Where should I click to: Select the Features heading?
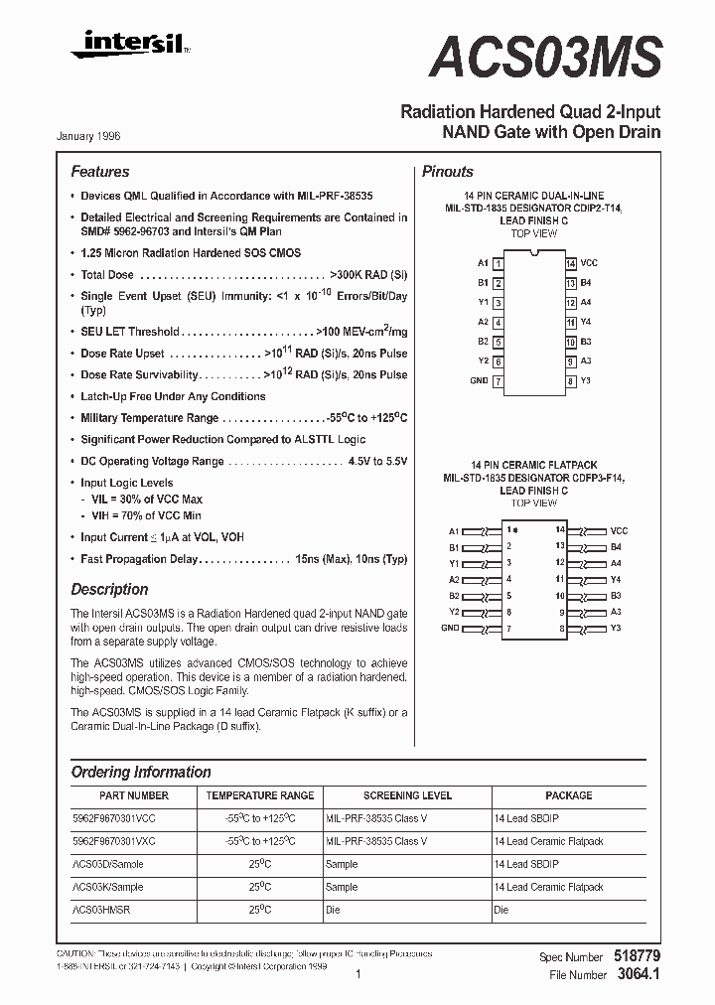coord(99,172)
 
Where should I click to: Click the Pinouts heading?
coord(447,172)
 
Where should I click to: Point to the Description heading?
coord(109,589)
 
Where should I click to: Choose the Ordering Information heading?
coord(141,772)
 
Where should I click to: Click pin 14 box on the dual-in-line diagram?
coord(571,263)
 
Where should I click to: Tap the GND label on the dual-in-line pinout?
coord(479,381)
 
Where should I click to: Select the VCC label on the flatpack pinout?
coord(619,531)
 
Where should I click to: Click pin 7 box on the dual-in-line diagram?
coord(498,381)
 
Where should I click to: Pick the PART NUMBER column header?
coord(134,795)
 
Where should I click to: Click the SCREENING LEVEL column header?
coord(407,795)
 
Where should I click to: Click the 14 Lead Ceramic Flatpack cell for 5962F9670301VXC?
coord(548,841)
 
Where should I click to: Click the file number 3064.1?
coord(640,975)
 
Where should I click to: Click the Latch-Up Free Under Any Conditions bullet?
coord(173,396)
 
